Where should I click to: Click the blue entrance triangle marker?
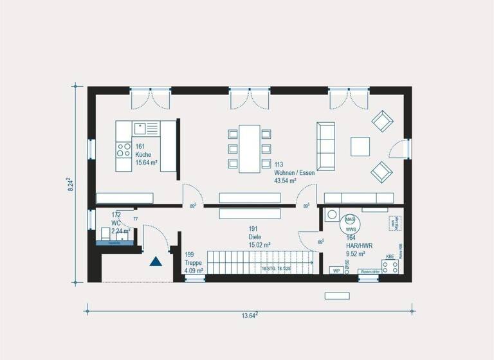pos(155,261)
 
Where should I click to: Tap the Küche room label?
pos(142,154)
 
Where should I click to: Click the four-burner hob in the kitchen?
pos(123,150)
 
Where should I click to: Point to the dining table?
pos(250,148)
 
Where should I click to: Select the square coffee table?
pos(360,147)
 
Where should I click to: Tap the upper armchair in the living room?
pos(382,120)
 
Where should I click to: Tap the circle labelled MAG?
pos(351,219)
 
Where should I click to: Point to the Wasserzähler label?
pos(369,272)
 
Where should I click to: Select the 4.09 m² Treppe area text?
pos(194,271)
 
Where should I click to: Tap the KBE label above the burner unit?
pos(390,256)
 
